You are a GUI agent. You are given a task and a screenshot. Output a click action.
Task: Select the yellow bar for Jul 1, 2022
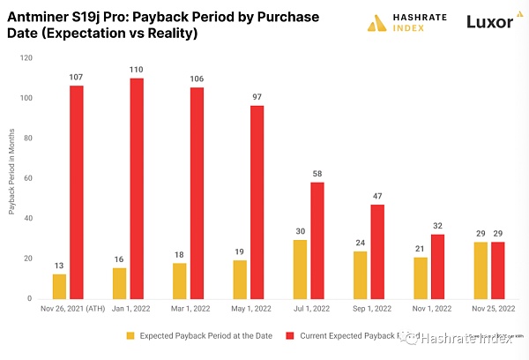pyautogui.click(x=301, y=268)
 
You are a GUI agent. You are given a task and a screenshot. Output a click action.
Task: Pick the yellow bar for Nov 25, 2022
pyautogui.click(x=481, y=270)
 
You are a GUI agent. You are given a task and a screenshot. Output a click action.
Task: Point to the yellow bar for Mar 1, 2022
pyautogui.click(x=180, y=280)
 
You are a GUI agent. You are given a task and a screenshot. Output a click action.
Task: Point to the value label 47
pyautogui.click(x=377, y=195)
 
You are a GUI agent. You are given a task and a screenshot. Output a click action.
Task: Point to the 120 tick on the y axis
pyautogui.click(x=27, y=58)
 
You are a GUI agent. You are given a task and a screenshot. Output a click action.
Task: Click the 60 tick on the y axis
pyautogui.click(x=29, y=178)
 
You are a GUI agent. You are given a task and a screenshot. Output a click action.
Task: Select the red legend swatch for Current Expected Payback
pyautogui.click(x=289, y=335)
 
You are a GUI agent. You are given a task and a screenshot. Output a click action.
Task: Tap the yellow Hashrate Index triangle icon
pyautogui.click(x=378, y=23)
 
